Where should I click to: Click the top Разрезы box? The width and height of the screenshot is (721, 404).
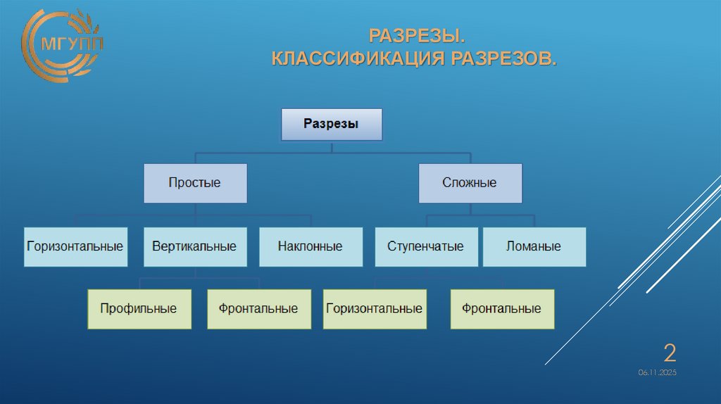pyautogui.click(x=332, y=124)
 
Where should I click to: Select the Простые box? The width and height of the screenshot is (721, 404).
pyautogui.click(x=195, y=183)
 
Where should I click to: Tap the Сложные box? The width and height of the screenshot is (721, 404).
pyautogui.click(x=470, y=183)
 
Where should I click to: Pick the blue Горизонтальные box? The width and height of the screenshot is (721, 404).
pyautogui.click(x=75, y=246)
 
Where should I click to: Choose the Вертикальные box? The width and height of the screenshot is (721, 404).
pyautogui.click(x=195, y=246)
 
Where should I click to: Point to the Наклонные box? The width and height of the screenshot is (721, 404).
pyautogui.click(x=311, y=246)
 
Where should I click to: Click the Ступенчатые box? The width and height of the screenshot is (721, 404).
pyautogui.click(x=426, y=246)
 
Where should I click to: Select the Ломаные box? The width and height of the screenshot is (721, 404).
pyautogui.click(x=534, y=246)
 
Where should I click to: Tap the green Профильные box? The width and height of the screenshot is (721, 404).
pyautogui.click(x=139, y=308)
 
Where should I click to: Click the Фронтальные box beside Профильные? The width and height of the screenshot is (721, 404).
pyautogui.click(x=258, y=308)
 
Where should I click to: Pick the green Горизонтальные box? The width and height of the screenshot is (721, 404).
pyautogui.click(x=375, y=308)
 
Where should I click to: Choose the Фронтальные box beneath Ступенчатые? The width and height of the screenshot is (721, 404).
pyautogui.click(x=502, y=308)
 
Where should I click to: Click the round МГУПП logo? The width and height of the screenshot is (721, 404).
pyautogui.click(x=62, y=46)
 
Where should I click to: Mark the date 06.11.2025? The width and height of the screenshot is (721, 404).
pyautogui.click(x=658, y=372)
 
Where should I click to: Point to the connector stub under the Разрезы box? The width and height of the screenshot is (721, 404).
pyautogui.click(x=332, y=146)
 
